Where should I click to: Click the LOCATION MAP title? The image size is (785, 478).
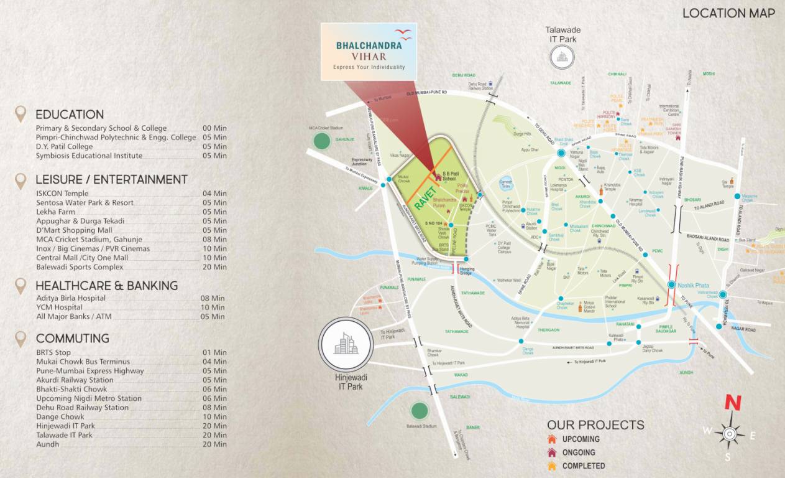tap(728, 13)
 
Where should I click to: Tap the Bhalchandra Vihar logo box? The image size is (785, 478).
tap(369, 52)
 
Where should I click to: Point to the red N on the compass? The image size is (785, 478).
tap(733, 403)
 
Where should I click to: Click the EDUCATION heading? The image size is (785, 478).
tap(70, 115)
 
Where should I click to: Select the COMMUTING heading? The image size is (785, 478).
tap(72, 339)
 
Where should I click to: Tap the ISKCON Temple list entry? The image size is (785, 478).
tap(62, 194)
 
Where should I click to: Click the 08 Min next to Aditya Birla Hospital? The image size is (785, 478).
tap(214, 298)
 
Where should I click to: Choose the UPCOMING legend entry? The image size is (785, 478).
tap(581, 439)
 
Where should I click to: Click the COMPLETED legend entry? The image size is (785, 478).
tap(583, 466)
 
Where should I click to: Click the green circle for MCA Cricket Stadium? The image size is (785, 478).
tap(321, 141)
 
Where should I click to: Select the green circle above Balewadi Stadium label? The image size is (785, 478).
tap(419, 410)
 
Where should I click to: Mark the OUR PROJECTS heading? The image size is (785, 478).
tap(595, 425)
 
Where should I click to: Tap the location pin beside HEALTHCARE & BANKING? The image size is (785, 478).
tap(21, 286)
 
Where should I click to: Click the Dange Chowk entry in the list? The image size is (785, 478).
tap(60, 417)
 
